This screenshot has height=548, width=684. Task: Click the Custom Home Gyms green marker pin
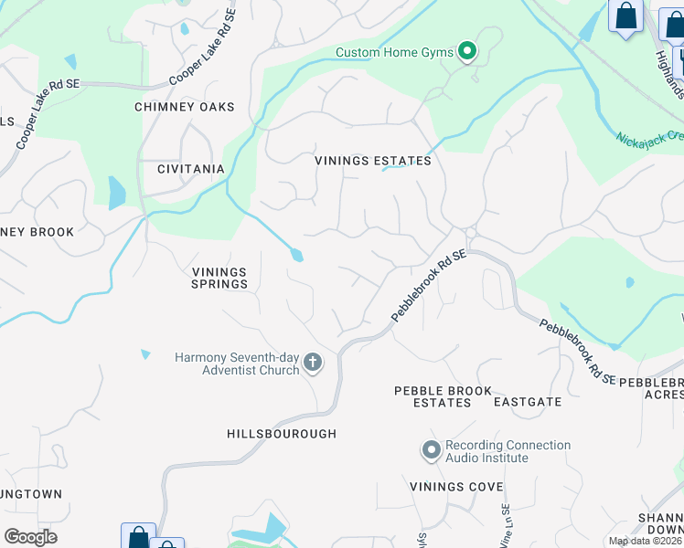click(466, 51)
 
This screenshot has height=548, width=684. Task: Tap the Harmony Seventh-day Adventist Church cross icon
click(312, 364)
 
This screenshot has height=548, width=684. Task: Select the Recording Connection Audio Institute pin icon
click(431, 451)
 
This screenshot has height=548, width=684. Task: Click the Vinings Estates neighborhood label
click(373, 161)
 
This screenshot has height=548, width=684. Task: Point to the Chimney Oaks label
click(185, 107)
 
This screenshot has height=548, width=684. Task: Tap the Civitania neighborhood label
click(191, 169)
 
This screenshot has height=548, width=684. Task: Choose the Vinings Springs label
click(219, 278)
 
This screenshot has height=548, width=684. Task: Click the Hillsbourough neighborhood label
click(282, 434)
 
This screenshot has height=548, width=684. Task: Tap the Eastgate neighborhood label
click(528, 402)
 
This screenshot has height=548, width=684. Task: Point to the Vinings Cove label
click(456, 486)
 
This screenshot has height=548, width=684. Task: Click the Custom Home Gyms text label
click(394, 52)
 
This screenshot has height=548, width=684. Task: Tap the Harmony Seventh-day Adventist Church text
click(237, 364)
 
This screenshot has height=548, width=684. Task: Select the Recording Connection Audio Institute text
click(508, 451)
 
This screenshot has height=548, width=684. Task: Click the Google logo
click(30, 536)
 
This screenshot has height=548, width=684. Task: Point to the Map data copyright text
click(645, 541)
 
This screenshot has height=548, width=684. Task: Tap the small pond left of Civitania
click(116, 193)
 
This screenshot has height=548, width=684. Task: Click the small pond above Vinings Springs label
click(296, 255)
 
